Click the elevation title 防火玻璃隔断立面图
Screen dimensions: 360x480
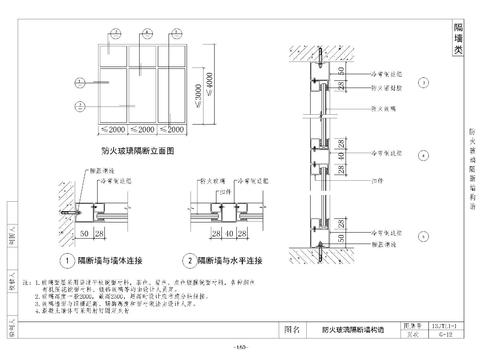pos(138,150)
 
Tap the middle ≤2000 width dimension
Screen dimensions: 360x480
pos(144,130)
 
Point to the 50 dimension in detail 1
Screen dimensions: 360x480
pos(84,234)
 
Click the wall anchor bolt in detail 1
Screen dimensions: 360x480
pos(67,213)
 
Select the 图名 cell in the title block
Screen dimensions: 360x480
pos(293,327)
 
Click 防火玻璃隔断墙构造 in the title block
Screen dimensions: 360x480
pos(352,327)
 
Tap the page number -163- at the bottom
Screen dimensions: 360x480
pos(240,347)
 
